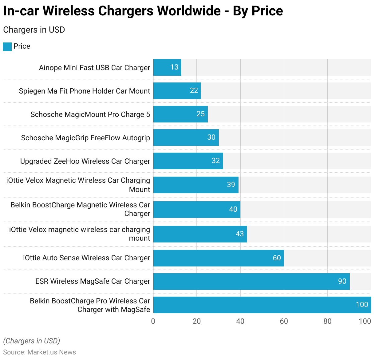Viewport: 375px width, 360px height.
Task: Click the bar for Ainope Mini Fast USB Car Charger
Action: point(167,67)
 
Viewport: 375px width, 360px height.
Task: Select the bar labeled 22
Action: point(177,91)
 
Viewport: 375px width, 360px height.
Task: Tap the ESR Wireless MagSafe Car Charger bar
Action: point(251,281)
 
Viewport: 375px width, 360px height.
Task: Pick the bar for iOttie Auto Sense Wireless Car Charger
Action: point(218,258)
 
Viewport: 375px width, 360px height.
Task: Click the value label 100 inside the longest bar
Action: point(362,305)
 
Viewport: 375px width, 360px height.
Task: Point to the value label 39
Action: point(231,185)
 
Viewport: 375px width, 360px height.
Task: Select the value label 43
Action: point(240,234)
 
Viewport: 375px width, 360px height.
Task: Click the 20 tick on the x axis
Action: point(197,321)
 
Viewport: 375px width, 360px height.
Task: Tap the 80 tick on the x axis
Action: point(327,321)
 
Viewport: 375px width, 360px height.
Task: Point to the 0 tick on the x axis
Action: point(153,321)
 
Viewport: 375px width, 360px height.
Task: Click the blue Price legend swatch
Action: point(7,46)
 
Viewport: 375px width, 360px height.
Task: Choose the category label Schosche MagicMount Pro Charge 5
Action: point(90,114)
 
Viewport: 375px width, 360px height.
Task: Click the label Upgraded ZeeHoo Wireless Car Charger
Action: point(85,161)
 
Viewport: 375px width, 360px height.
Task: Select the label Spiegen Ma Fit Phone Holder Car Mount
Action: point(85,91)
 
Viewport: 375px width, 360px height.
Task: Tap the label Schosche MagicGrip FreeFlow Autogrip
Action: point(85,138)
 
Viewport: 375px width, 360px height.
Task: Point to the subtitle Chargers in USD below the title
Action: point(34,30)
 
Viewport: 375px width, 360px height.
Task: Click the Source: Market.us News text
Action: point(40,352)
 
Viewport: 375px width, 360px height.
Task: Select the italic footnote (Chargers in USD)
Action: point(32,341)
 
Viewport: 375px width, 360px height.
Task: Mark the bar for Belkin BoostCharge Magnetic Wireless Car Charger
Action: point(197,209)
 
